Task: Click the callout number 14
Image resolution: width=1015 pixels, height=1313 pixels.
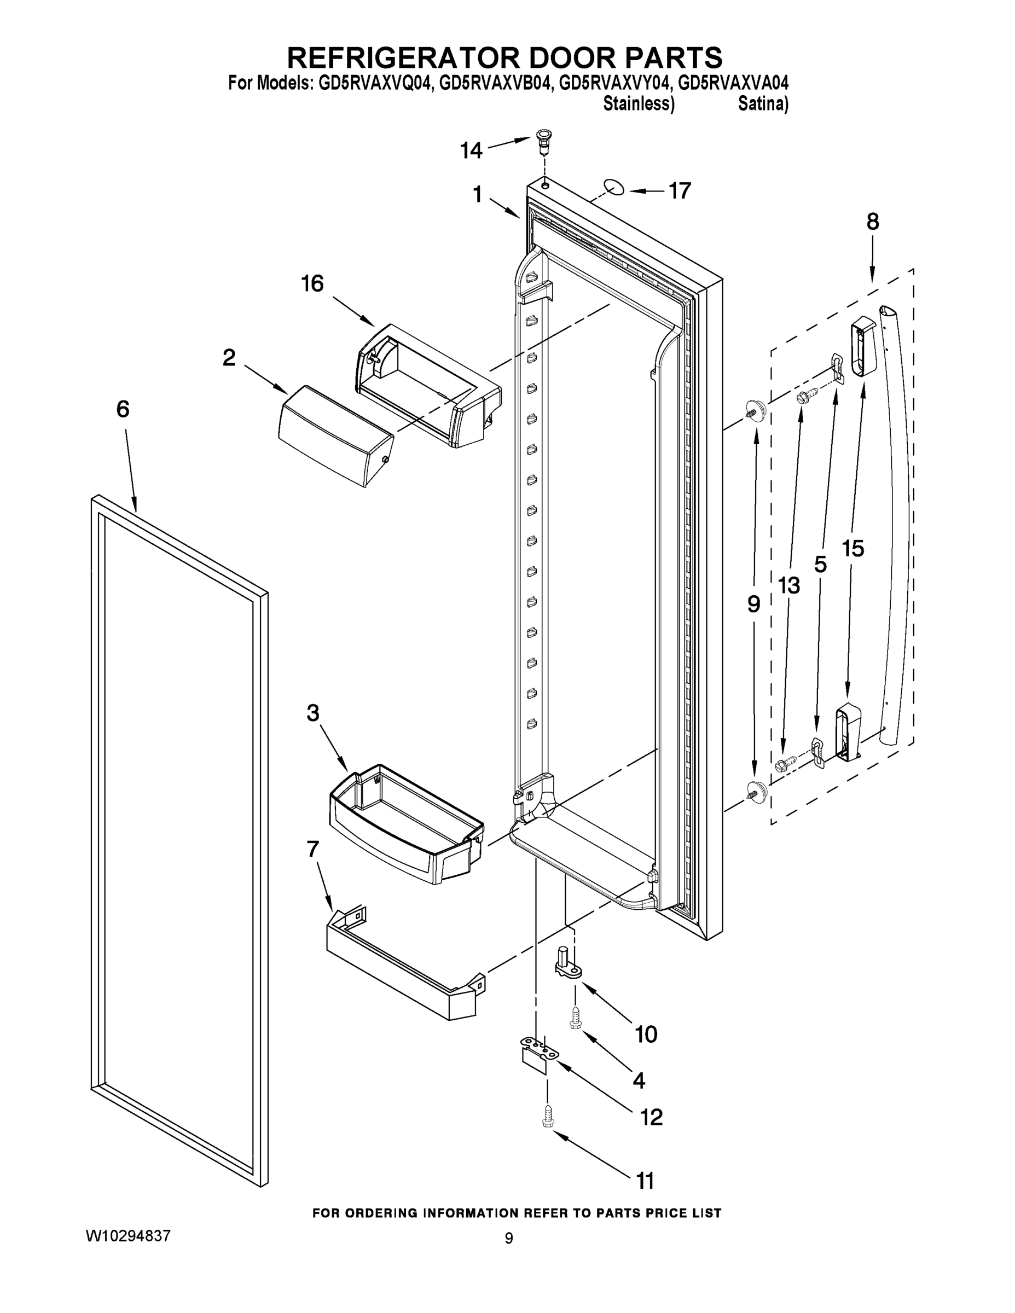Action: (x=472, y=150)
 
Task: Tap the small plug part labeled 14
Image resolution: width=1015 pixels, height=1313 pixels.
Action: (x=543, y=141)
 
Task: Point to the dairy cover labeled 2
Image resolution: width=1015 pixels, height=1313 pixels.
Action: (x=335, y=435)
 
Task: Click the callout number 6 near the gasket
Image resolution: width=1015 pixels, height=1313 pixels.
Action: (x=122, y=409)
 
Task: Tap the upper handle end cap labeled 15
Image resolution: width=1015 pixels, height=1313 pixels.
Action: (x=863, y=348)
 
